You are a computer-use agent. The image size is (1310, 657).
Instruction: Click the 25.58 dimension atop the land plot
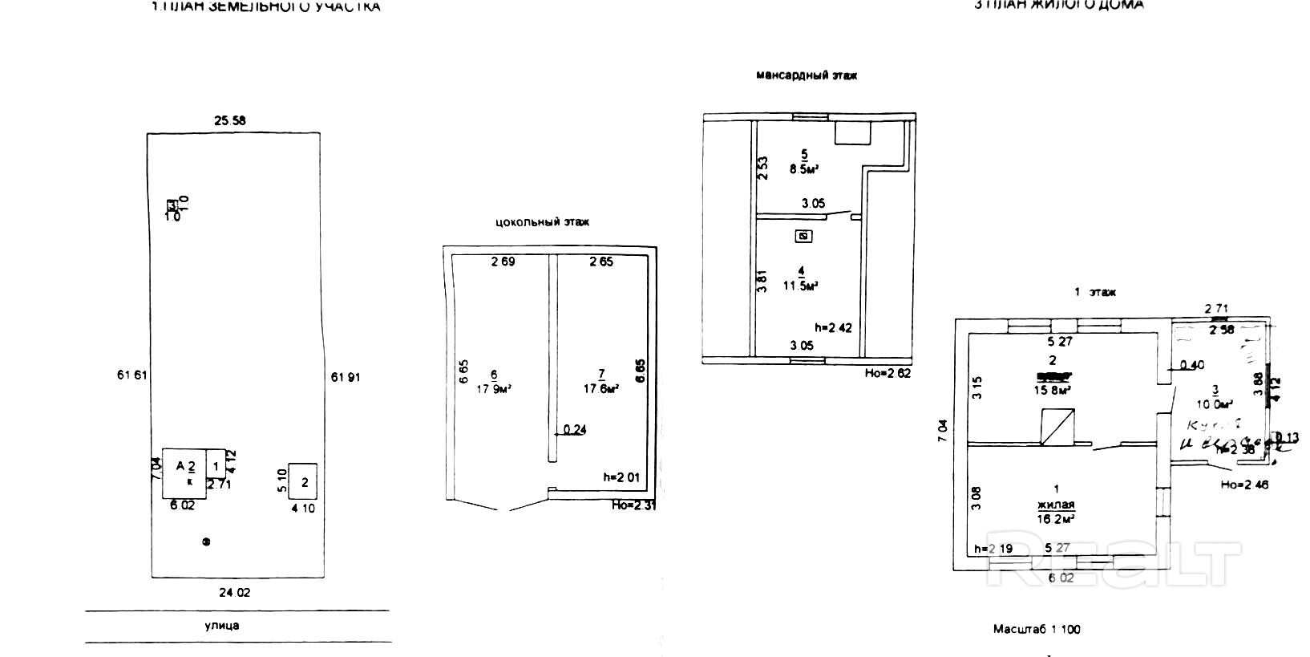[x=229, y=121]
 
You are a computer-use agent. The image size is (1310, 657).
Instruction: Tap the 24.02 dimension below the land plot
[x=234, y=593]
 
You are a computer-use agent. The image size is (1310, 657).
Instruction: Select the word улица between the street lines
[x=222, y=626]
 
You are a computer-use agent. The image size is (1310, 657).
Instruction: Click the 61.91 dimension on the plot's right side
[x=346, y=375]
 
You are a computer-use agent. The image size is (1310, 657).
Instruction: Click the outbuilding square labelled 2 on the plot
[x=303, y=481]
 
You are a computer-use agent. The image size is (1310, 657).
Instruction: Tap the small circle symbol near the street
[x=206, y=542]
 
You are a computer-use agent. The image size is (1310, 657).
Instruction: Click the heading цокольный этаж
[x=543, y=222]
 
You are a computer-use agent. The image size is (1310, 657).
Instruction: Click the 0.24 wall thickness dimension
[x=575, y=430]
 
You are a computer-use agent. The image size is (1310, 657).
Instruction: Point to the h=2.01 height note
[x=623, y=477]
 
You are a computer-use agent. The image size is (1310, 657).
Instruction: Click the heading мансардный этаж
[x=807, y=75]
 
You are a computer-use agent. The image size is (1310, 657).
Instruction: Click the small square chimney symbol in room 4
[x=805, y=236]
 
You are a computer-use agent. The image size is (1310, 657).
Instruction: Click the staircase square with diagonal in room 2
[x=1057, y=426]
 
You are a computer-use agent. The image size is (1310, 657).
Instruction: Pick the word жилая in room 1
[x=1055, y=505]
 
